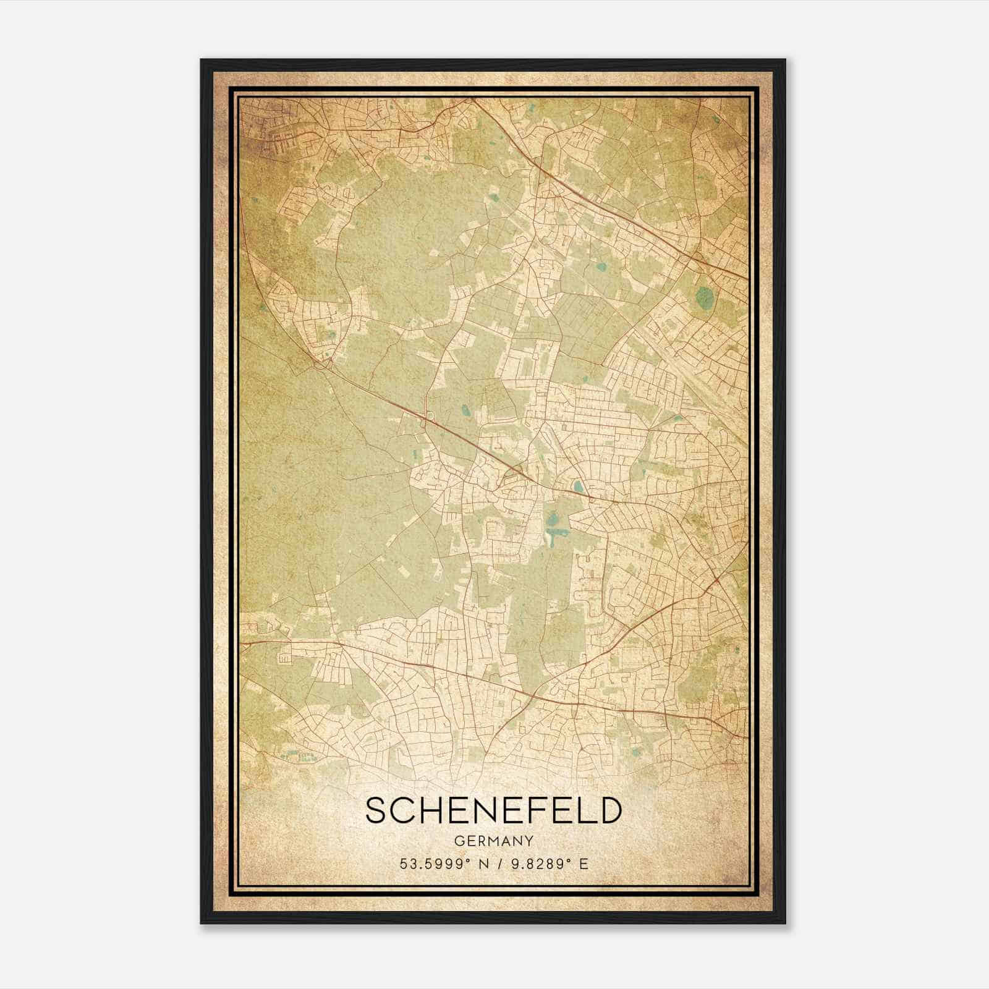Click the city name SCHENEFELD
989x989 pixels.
[493, 810]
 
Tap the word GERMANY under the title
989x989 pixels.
[493, 841]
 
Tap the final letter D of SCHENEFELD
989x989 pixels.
[609, 810]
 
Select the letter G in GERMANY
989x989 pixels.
[458, 841]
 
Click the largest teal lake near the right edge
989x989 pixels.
[703, 299]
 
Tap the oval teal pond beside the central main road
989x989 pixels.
[577, 486]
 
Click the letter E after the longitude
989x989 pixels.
[584, 864]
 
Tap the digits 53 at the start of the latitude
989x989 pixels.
[407, 864]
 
